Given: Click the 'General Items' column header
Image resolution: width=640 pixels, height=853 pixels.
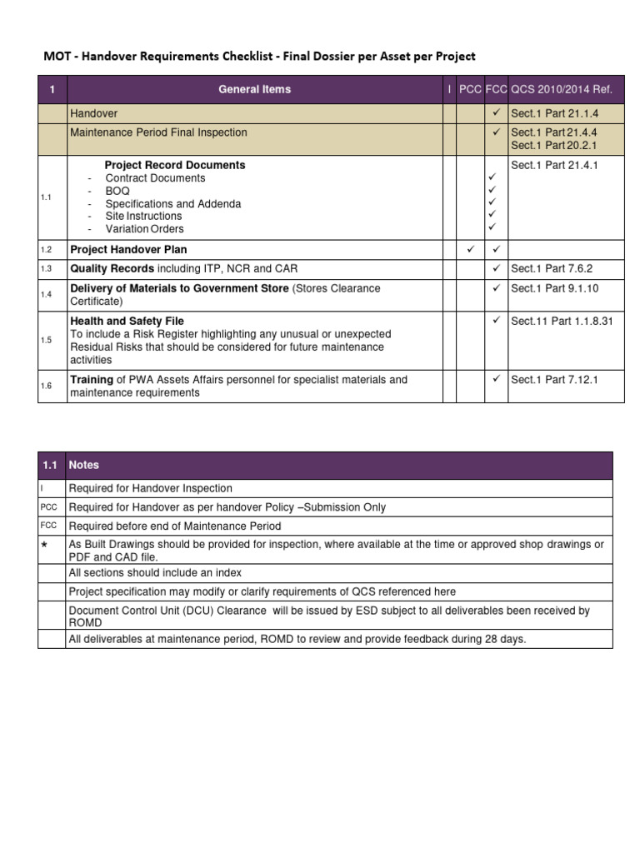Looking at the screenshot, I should tap(254, 89).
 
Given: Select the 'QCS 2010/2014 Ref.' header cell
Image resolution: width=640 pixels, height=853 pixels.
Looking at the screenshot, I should tap(561, 89).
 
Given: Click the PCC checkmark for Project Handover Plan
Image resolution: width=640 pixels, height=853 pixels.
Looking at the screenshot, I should tap(470, 249).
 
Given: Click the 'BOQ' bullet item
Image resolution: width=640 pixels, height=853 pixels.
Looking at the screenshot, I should tap(117, 191).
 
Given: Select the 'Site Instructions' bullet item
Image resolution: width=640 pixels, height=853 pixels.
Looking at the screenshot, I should tap(143, 216).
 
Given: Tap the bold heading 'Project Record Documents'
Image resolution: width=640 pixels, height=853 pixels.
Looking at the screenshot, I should tap(174, 165).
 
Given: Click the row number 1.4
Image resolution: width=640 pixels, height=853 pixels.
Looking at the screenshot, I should tap(46, 295).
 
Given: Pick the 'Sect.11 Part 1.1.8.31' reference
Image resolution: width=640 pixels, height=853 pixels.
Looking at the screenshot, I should tap(561, 321).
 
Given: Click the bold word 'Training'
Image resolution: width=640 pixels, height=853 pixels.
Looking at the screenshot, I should tap(91, 380).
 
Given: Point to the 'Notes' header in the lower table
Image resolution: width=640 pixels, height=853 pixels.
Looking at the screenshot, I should tap(83, 465).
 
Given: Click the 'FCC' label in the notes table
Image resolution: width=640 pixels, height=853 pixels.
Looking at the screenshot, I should tap(48, 526).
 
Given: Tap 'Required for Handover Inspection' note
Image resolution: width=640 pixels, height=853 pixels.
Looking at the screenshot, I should tap(150, 488).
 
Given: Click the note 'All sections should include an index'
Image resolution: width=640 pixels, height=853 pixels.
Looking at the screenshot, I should tap(155, 573).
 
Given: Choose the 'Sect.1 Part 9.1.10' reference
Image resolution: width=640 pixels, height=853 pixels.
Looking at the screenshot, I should tap(554, 288).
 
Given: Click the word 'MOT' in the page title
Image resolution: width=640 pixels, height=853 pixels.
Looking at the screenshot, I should tap(57, 57).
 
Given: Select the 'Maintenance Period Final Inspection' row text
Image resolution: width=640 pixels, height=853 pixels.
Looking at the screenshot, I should tap(158, 132).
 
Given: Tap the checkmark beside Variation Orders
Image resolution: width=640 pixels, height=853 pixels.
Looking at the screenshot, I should tap(492, 227).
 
